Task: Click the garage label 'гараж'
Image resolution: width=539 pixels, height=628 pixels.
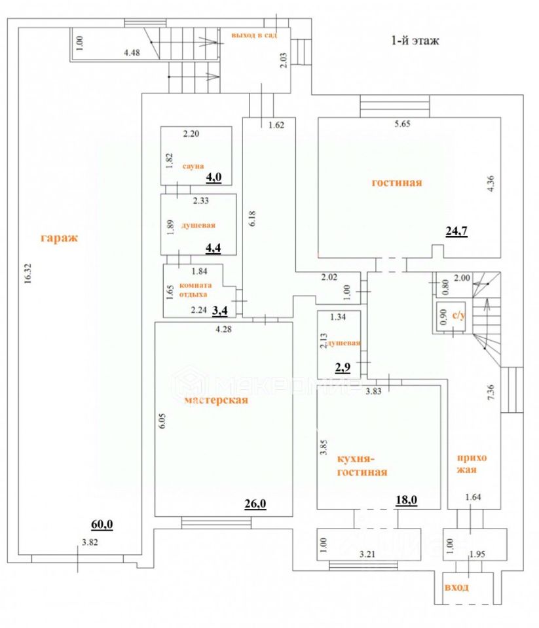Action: [59, 237]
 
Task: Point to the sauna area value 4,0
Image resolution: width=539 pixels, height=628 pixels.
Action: [215, 177]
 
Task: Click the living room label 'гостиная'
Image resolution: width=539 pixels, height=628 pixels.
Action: [397, 183]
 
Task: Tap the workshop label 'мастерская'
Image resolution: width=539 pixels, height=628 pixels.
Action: [216, 400]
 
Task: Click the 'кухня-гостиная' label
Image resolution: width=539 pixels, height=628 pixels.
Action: [362, 465]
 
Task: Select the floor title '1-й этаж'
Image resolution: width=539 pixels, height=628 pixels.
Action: [415, 41]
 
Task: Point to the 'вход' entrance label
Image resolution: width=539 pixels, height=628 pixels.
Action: [456, 587]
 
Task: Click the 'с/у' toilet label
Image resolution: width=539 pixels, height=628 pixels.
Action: [460, 316]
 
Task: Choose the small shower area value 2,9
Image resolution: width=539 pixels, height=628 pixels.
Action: [343, 368]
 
